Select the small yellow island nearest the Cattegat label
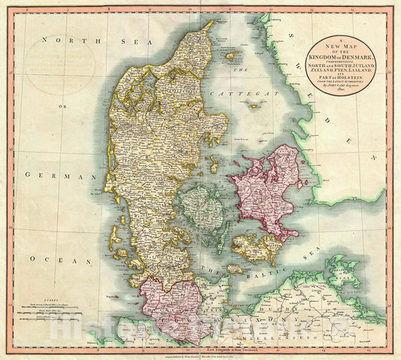(x=242, y=140)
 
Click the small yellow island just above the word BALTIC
(x=235, y=268)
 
